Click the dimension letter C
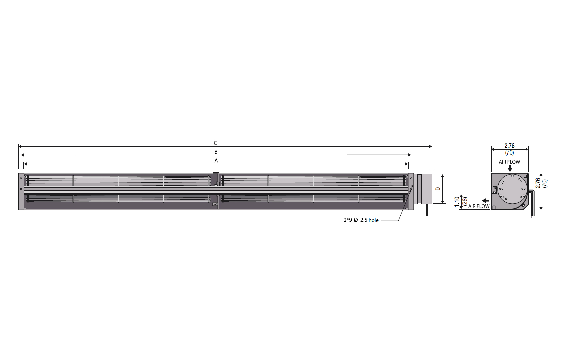tap(215, 143)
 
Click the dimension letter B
tap(216, 152)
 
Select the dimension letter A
tap(216, 160)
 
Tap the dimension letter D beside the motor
tap(438, 189)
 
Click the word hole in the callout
tap(374, 220)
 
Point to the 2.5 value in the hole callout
tap(364, 220)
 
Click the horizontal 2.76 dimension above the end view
tap(510, 146)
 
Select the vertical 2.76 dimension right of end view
tap(538, 183)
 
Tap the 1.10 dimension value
tap(457, 202)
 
